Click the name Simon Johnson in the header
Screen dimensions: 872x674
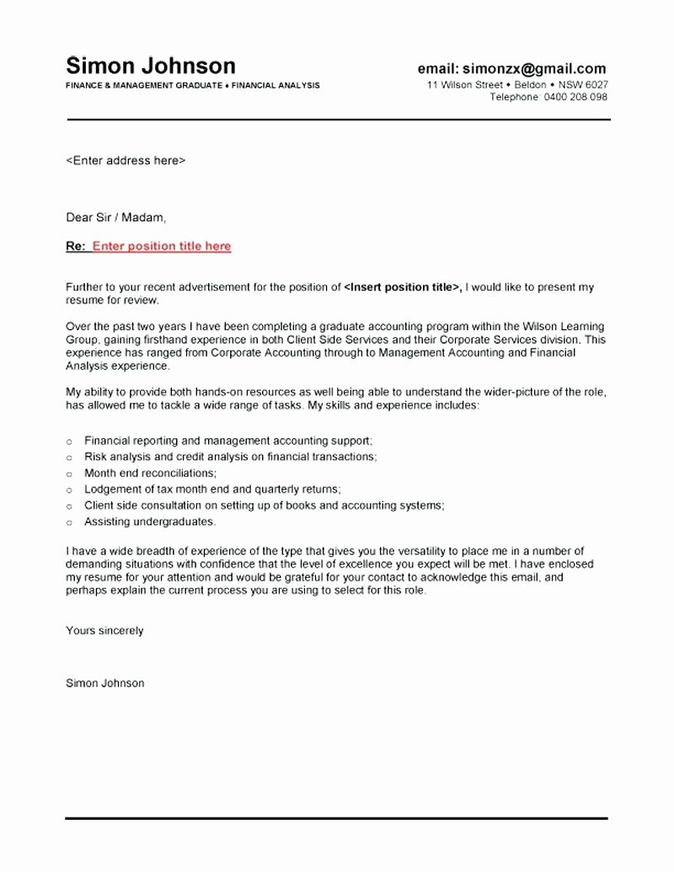point(151,66)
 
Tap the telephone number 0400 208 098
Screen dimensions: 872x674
point(575,97)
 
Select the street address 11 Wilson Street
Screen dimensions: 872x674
point(465,85)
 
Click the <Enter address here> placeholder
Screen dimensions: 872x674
point(126,160)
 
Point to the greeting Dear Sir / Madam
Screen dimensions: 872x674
point(116,217)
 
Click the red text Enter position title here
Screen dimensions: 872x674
point(161,246)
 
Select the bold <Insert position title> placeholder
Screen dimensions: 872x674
point(403,287)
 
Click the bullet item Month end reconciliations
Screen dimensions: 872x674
point(150,473)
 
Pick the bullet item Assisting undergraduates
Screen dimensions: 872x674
point(150,522)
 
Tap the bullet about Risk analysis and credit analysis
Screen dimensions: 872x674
point(230,457)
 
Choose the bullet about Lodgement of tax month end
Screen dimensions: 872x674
point(212,489)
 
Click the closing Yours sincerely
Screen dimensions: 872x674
point(104,630)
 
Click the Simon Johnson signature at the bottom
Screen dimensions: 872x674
point(104,683)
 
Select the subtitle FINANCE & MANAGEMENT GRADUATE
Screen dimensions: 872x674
point(144,86)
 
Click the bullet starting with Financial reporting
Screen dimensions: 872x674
point(227,441)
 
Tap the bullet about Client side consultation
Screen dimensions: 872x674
point(264,506)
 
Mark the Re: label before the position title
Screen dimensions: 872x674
point(75,246)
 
